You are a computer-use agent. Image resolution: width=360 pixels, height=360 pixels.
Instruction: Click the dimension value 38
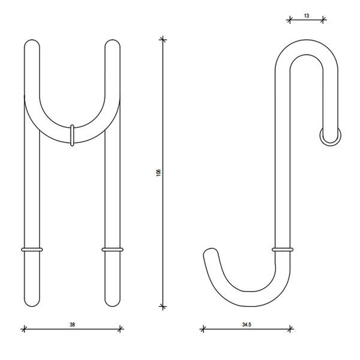click(x=72, y=325)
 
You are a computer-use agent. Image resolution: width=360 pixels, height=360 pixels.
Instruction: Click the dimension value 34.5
click(x=247, y=325)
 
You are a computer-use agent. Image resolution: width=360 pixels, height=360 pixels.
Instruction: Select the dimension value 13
click(x=306, y=16)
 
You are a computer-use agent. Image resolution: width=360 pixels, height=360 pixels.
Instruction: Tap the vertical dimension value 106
click(x=158, y=173)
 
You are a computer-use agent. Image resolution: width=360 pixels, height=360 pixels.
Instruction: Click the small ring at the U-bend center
click(x=72, y=136)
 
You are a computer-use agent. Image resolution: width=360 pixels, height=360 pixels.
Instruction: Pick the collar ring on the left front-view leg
click(x=32, y=250)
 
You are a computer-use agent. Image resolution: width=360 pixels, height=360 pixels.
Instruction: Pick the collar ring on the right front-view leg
click(x=113, y=250)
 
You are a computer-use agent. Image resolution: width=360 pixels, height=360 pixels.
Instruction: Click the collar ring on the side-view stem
click(x=283, y=250)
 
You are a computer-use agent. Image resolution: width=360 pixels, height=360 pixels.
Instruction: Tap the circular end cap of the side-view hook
click(x=331, y=136)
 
